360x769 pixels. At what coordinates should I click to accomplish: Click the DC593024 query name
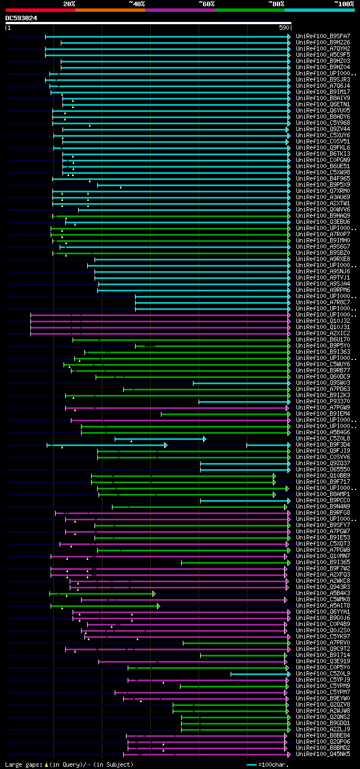21,18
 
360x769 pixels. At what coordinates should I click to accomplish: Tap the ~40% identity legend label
137,3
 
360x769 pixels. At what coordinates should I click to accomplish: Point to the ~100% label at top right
344,3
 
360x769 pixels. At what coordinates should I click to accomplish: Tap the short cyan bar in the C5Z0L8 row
160,439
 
